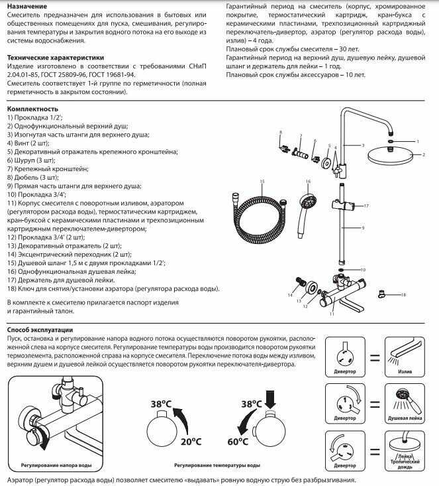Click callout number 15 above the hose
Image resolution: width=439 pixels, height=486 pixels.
[x=262, y=181]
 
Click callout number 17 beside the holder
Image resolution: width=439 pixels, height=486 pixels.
[x=366, y=206]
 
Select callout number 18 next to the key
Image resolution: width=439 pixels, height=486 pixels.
[x=403, y=294]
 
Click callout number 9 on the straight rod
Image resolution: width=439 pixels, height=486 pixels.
[x=364, y=228]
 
